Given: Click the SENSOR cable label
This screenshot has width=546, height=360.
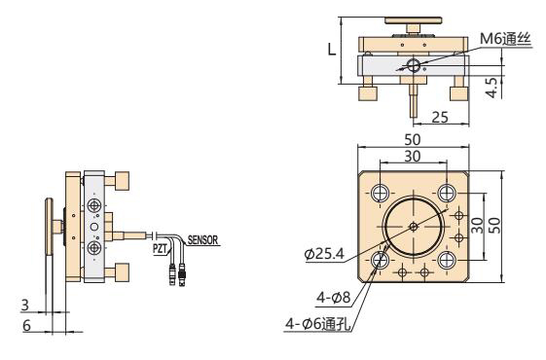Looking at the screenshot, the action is tap(202, 240).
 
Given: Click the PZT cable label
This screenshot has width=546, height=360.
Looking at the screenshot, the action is tap(160, 248).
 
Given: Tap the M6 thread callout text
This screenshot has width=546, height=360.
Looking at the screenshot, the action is tap(505, 39).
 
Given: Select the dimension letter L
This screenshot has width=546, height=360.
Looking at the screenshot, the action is tap(332, 50).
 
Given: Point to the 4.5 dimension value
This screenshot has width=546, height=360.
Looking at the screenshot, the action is tap(492, 88).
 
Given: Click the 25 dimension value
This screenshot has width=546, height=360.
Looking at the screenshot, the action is tap(440, 118).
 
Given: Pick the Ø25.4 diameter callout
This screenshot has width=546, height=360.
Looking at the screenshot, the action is tap(324, 255).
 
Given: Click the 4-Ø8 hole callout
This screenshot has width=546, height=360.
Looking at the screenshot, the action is tap(333, 298).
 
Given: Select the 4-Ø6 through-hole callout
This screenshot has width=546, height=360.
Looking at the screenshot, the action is tap(318, 324).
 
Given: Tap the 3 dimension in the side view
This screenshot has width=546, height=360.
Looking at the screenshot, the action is tap(25, 305).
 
